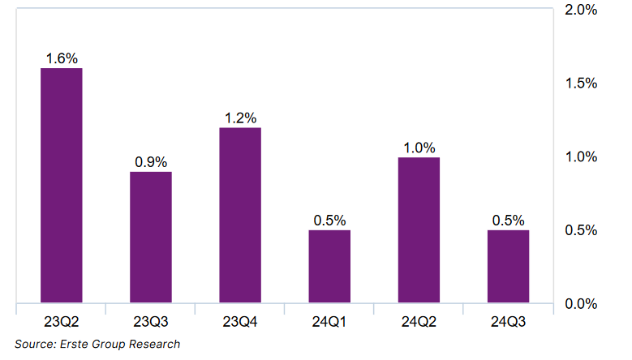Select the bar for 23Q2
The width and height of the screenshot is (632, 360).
point(62,186)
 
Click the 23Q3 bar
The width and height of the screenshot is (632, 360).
point(151,238)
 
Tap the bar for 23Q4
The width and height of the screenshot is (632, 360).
point(240,216)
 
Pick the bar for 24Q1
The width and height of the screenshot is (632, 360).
point(329,267)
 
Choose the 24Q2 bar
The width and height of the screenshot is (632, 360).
point(419,230)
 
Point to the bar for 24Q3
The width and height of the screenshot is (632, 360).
point(508,267)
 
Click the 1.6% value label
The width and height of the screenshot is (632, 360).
point(62,58)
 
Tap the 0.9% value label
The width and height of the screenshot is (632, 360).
point(151,161)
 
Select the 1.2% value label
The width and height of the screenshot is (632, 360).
point(240,118)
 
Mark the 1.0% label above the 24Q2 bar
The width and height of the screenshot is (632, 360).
point(419,148)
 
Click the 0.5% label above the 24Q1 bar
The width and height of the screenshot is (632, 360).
point(329,221)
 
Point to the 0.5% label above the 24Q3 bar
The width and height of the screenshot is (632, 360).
point(508,221)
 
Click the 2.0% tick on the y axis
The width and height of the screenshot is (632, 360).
point(580,11)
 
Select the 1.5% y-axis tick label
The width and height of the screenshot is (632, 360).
point(580,84)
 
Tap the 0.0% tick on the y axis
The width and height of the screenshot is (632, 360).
point(580,304)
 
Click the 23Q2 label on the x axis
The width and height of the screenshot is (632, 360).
point(62,322)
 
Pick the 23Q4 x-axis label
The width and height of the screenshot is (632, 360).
point(240,322)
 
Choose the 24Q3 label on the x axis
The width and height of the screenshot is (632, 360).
point(508,322)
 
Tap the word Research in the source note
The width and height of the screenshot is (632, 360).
point(154,344)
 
